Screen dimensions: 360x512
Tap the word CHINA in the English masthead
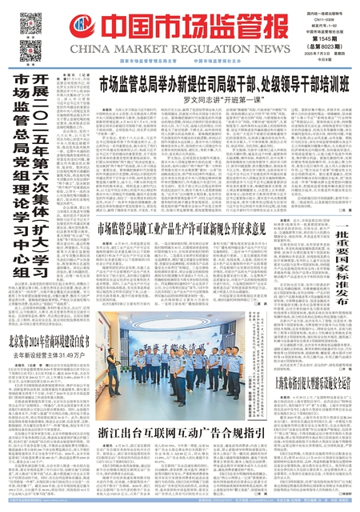tap(100, 50)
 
